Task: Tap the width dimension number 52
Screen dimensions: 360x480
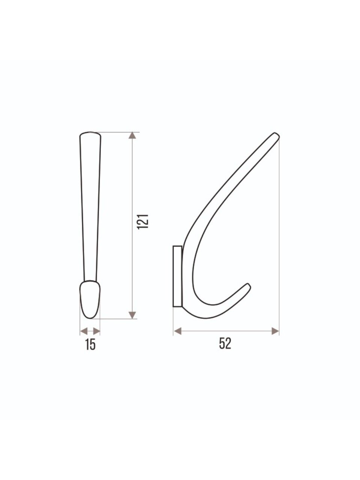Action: (225, 344)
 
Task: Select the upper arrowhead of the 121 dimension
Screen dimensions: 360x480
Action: (132, 135)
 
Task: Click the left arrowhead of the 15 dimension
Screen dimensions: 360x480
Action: (84, 331)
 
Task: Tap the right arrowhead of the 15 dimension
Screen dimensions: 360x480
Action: (96, 331)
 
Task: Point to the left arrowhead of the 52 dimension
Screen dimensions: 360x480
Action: (177, 331)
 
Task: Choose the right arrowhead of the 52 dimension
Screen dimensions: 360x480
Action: (275, 331)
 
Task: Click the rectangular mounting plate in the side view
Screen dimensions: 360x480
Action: (177, 276)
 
